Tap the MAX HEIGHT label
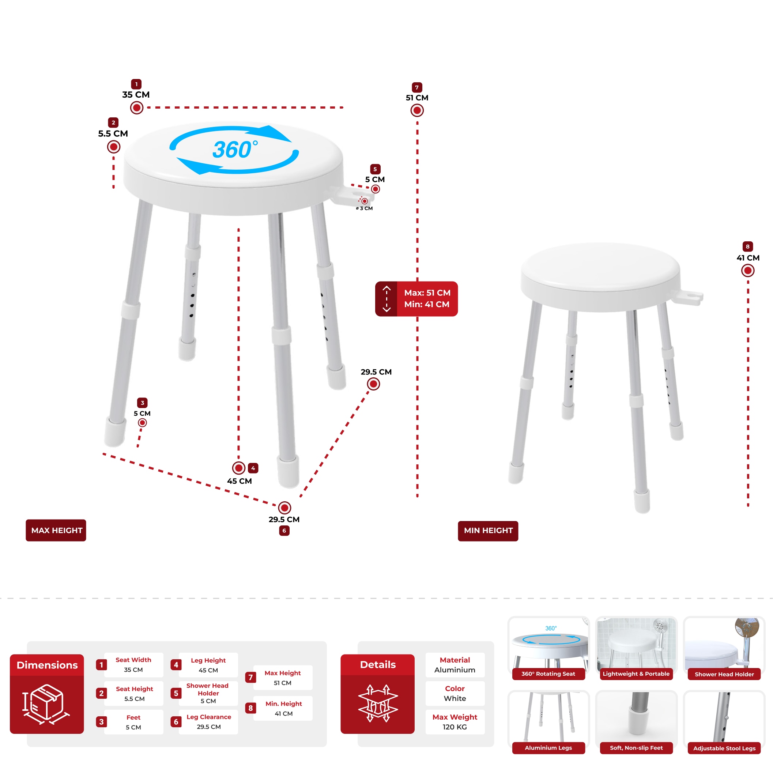tap(56, 530)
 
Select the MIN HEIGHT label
tap(488, 531)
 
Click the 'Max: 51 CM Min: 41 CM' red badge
tap(416, 298)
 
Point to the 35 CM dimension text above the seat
tap(136, 94)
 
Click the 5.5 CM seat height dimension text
tap(113, 133)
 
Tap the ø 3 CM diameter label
tap(365, 208)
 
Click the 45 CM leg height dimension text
tap(239, 481)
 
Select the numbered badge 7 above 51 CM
tap(416, 87)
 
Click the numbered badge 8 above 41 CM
tap(747, 246)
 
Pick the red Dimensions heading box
tap(47, 665)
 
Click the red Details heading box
tap(377, 664)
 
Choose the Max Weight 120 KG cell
tap(455, 722)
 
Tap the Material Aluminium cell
tap(455, 664)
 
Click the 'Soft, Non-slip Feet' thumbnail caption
tap(636, 748)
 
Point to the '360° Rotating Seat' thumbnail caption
tap(548, 674)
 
